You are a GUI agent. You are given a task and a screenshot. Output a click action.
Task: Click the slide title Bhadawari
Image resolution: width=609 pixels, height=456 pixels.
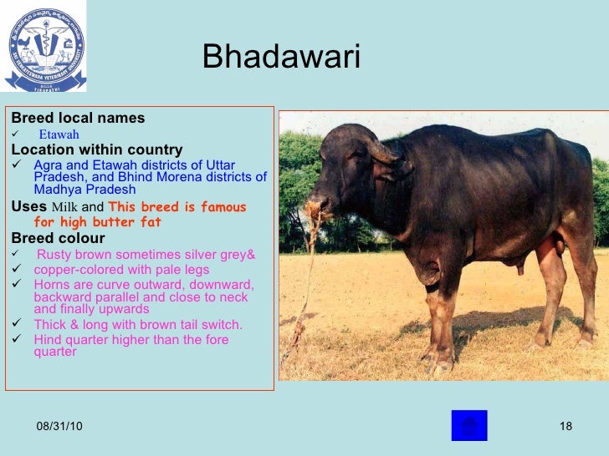click(x=280, y=58)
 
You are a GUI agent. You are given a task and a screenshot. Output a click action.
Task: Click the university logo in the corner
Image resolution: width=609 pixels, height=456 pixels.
click(x=45, y=51)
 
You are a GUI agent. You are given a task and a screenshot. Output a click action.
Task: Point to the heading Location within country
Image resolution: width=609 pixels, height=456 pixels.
click(x=95, y=149)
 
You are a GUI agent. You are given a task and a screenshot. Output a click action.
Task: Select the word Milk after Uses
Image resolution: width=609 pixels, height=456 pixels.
click(x=65, y=207)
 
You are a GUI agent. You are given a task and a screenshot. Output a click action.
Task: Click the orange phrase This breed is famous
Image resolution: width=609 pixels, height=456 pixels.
click(x=177, y=207)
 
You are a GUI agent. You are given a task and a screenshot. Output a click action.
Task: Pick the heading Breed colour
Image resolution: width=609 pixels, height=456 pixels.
click(x=58, y=239)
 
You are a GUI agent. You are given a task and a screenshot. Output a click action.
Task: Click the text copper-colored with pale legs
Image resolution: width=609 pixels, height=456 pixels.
click(x=121, y=270)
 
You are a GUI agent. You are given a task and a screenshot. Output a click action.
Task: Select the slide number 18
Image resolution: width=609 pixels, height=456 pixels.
click(x=565, y=428)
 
